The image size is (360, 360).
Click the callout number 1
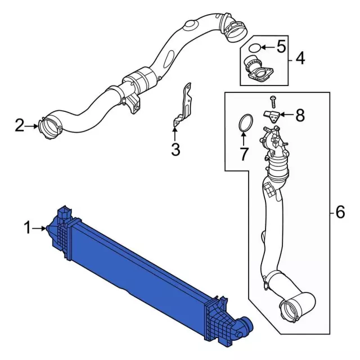28,227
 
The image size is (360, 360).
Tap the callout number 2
20,125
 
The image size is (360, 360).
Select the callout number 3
175,150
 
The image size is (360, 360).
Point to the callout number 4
300,58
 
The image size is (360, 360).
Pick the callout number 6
340,212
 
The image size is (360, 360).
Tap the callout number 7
244,154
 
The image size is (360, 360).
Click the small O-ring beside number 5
255,48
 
